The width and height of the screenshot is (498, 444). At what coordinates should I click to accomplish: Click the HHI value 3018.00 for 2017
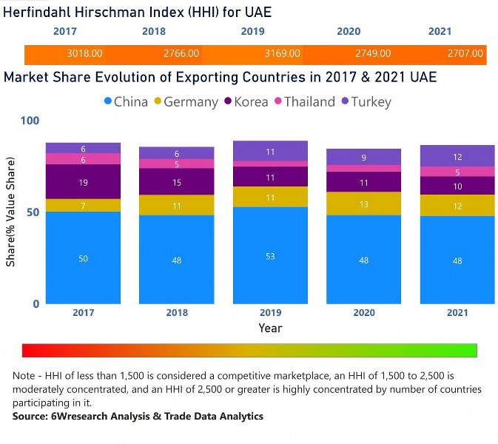pyautogui.click(x=84, y=54)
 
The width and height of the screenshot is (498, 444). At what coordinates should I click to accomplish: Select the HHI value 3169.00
pyautogui.click(x=282, y=54)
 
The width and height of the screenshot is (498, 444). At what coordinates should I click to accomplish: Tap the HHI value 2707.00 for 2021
pyautogui.click(x=465, y=54)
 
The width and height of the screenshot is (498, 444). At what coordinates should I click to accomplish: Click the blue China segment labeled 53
pyautogui.click(x=271, y=255)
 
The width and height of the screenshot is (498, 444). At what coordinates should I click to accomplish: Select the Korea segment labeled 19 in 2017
pyautogui.click(x=83, y=181)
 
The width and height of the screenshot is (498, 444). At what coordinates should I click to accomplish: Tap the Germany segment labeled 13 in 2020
pyautogui.click(x=364, y=203)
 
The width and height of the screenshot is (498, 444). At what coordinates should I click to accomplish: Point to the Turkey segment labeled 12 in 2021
pyautogui.click(x=457, y=156)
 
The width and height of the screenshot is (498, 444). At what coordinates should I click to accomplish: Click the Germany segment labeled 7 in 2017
pyautogui.click(x=83, y=205)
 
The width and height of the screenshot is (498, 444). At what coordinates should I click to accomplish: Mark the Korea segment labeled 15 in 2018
pyautogui.click(x=177, y=182)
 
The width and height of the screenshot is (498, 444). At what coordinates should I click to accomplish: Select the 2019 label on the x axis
pyautogui.click(x=271, y=312)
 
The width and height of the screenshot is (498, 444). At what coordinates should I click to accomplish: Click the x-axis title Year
pyautogui.click(x=270, y=328)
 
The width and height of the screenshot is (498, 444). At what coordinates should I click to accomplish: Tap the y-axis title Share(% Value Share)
pyautogui.click(x=10, y=212)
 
